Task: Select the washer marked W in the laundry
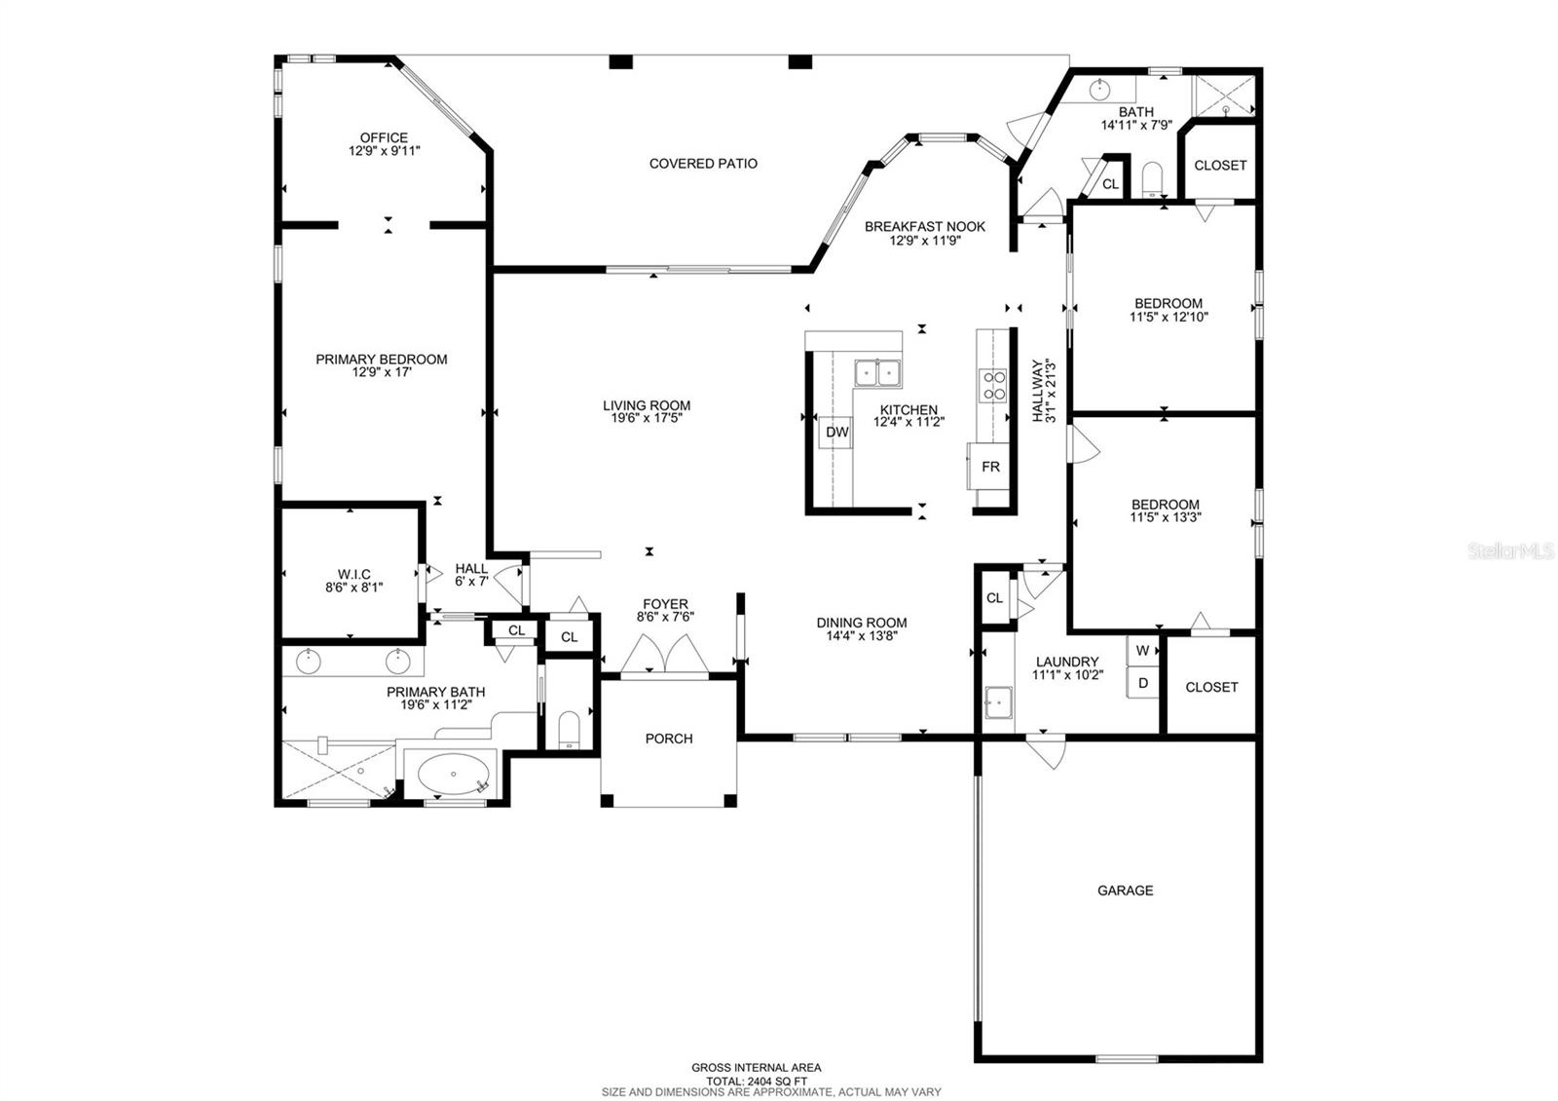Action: pos(1142,651)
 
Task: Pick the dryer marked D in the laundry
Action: pos(1142,683)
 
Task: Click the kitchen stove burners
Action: pos(993,386)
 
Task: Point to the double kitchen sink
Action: pos(877,373)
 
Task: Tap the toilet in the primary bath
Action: pos(570,729)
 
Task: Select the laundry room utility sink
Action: pos(997,702)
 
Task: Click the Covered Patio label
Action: pos(703,164)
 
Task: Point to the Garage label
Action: pos(1125,891)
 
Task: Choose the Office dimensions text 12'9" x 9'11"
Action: pos(384,152)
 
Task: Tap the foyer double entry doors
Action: pos(665,655)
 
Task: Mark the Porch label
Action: pos(669,739)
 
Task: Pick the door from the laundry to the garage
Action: pos(1045,751)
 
